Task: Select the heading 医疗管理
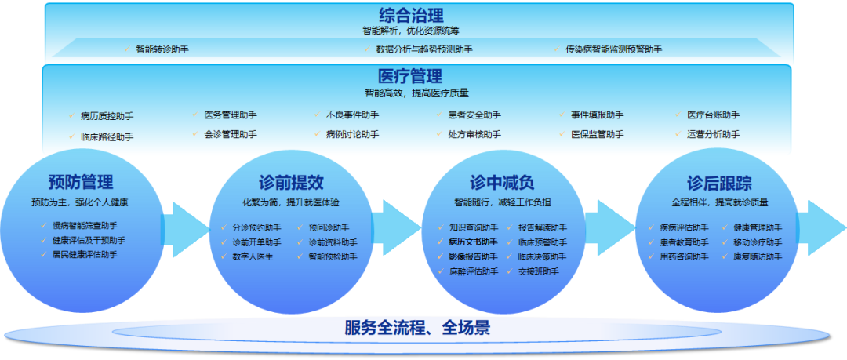[410, 76]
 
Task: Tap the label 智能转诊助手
[162, 49]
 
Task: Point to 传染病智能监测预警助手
[613, 49]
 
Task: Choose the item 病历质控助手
[107, 116]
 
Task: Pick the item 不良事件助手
[352, 115]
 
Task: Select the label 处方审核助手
[474, 134]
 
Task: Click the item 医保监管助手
[597, 134]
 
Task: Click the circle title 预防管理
[81, 183]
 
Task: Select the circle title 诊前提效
[291, 183]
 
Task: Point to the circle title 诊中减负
[502, 183]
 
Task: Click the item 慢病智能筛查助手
[85, 227]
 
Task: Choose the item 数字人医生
[253, 256]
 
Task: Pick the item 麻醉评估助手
[473, 271]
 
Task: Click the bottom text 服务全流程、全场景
[417, 327]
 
